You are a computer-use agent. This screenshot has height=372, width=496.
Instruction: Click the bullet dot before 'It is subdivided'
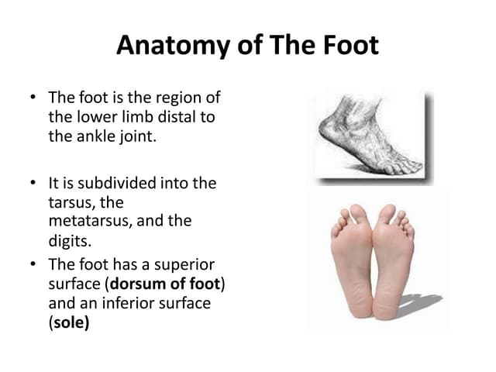pyautogui.click(x=33, y=184)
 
